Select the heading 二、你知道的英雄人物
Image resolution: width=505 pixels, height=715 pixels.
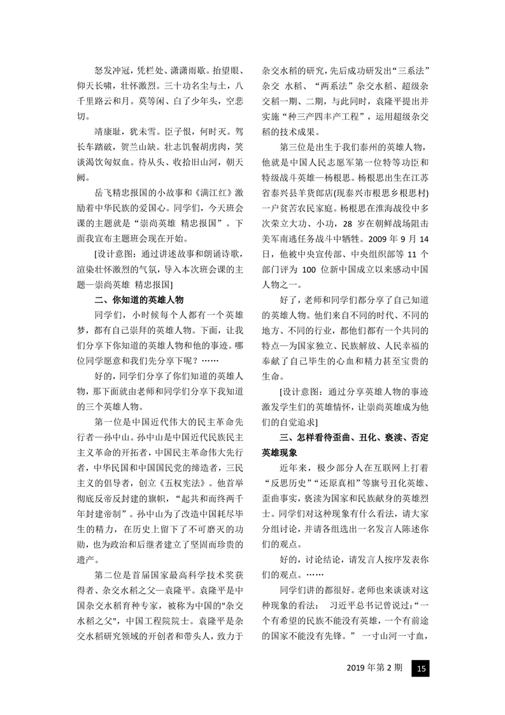tap(138, 299)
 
